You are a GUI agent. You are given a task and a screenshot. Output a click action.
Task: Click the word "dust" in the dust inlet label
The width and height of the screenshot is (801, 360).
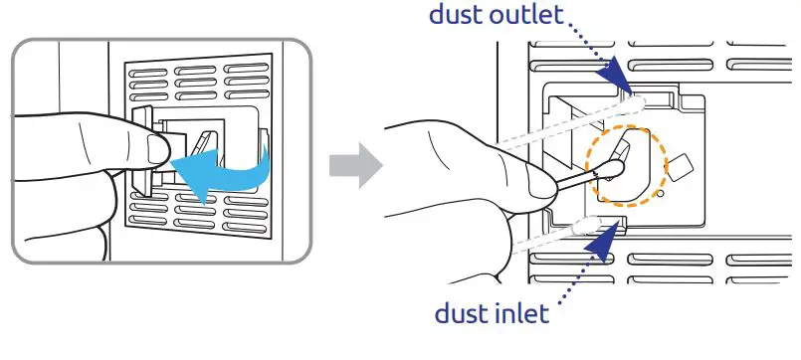click(x=463, y=314)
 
